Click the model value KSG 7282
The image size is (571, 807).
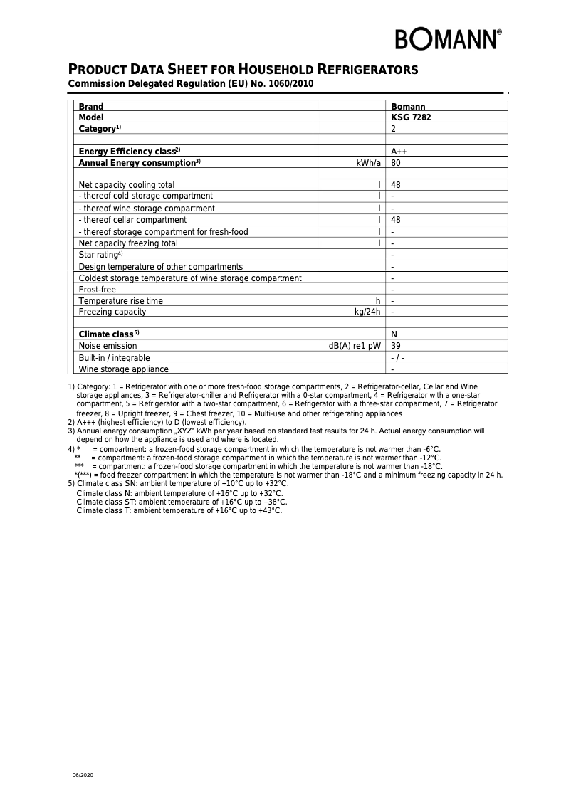point(411,117)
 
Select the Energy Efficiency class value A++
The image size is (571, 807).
point(399,152)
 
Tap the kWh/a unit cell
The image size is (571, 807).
point(368,163)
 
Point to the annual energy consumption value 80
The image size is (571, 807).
point(396,163)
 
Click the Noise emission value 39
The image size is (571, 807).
point(396,346)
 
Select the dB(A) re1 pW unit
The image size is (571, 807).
point(355,346)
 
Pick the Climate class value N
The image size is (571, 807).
point(394,334)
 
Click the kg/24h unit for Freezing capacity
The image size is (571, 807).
point(367,312)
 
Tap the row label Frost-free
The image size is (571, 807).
point(97,290)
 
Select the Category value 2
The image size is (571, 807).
point(394,129)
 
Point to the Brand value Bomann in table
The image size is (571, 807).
point(408,107)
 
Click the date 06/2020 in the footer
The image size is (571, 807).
point(83,774)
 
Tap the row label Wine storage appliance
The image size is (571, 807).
point(123,369)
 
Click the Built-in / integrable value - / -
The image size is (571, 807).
point(397,358)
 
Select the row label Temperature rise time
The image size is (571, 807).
point(120,301)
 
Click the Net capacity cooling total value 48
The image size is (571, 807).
point(396,185)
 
